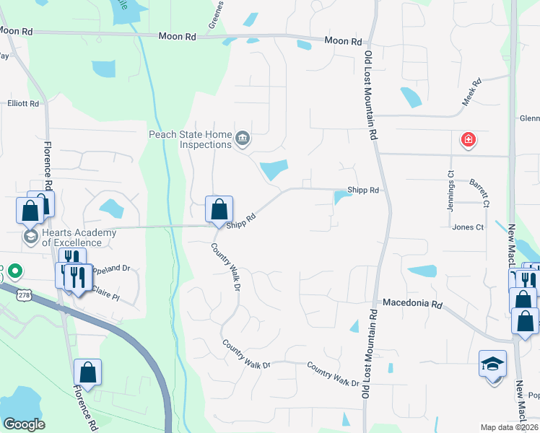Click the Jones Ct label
[468, 227]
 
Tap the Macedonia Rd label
[411, 305]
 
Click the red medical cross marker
[468, 139]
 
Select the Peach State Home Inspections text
[191, 139]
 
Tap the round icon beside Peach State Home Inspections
[243, 138]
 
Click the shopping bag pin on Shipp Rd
[219, 209]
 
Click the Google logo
[23, 424]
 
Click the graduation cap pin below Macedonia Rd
[493, 364]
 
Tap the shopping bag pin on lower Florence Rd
[87, 373]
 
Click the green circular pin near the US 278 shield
[13, 273]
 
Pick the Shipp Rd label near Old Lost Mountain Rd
[363, 190]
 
